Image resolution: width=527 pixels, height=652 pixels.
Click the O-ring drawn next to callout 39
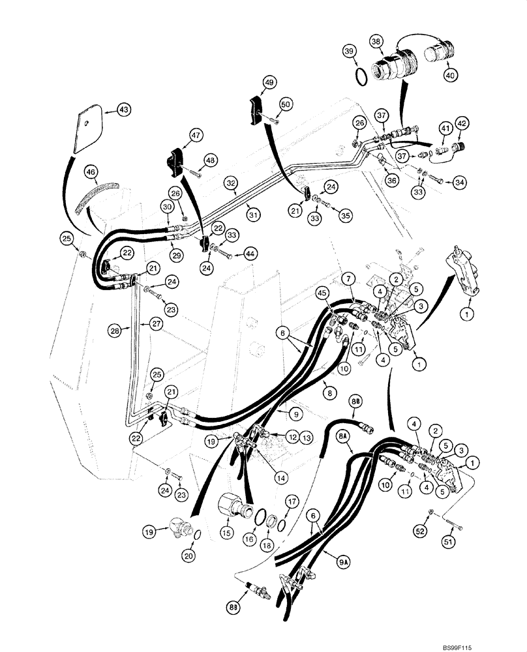point(359,77)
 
